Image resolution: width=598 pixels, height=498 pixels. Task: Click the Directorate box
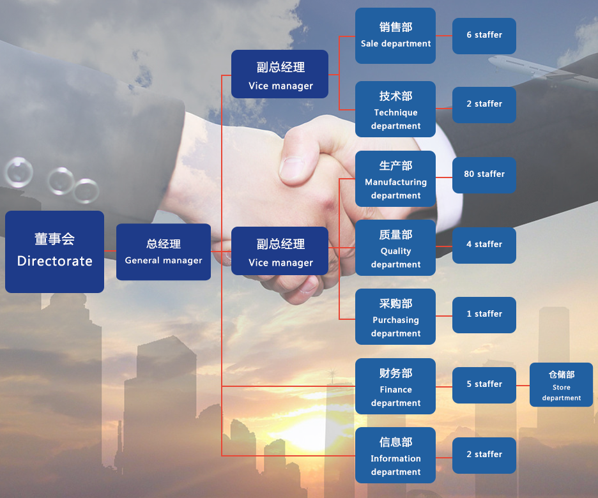(54, 252)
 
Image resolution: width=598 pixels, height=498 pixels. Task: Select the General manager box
(164, 252)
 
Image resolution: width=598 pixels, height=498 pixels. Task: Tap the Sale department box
(395, 36)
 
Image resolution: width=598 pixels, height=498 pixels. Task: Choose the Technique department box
(395, 109)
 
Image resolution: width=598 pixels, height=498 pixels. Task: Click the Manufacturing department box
(395, 179)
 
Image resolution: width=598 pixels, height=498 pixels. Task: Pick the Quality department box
(395, 248)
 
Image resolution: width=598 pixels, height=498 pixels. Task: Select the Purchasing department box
(395, 317)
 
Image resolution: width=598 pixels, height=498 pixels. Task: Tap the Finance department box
(395, 386)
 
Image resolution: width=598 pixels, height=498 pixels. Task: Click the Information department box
(395, 455)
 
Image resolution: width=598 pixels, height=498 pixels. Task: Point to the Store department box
(562, 385)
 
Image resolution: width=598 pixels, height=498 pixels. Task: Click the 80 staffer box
(484, 175)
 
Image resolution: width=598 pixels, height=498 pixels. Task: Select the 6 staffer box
(484, 36)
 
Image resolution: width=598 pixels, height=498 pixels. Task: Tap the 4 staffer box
(484, 245)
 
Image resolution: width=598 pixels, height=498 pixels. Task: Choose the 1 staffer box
(484, 315)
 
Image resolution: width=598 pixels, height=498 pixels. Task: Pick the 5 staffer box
(484, 385)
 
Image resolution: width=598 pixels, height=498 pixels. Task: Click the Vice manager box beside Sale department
(280, 74)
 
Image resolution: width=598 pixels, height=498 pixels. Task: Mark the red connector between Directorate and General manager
(111, 251)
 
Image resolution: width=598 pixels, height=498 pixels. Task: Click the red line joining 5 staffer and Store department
(523, 386)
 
